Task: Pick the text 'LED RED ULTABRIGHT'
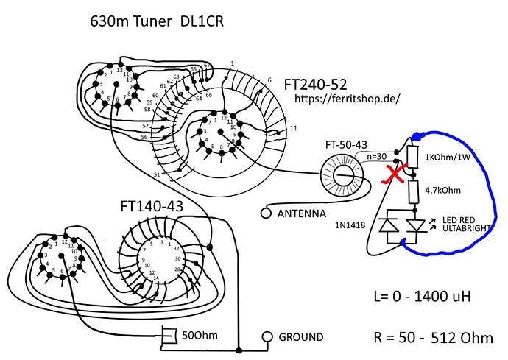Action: tap(472, 225)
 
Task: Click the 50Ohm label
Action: tap(200, 336)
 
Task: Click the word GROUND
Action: tap(300, 337)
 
